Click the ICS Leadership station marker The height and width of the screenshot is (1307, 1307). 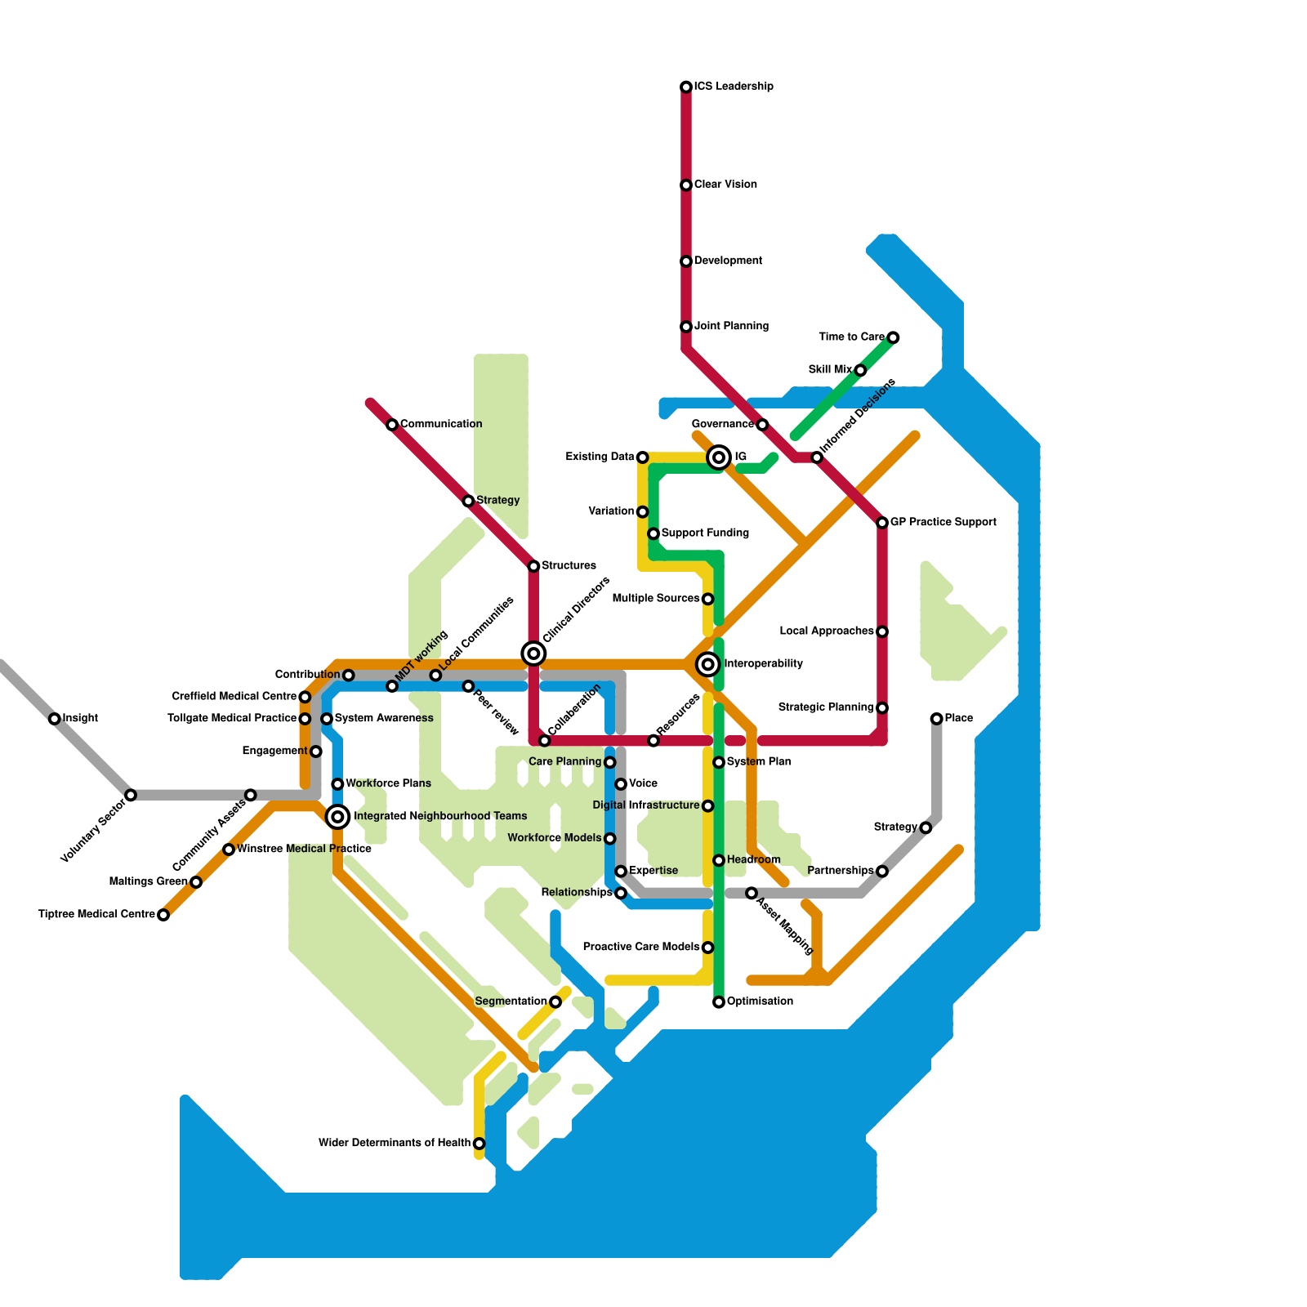click(x=686, y=87)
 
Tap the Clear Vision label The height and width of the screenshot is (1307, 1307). click(x=725, y=185)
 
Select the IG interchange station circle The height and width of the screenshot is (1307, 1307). click(x=719, y=457)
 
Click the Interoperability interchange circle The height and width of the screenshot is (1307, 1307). click(x=708, y=664)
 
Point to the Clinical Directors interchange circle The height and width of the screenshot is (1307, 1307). click(x=533, y=653)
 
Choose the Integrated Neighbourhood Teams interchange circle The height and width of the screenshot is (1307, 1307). click(x=337, y=816)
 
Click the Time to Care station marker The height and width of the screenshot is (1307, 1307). click(x=893, y=337)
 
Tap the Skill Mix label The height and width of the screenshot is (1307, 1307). click(x=830, y=370)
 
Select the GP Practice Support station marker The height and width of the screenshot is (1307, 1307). click(x=882, y=523)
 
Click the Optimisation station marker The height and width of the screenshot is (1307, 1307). click(x=719, y=1002)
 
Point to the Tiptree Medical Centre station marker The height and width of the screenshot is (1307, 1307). click(x=163, y=915)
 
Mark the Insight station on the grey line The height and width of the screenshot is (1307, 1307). click(x=54, y=719)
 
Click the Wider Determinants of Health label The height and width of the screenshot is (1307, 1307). click(x=395, y=1144)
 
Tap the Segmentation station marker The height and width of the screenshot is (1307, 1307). click(x=555, y=1002)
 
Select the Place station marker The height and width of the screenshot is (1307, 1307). click(x=936, y=719)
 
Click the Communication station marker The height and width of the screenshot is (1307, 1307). click(x=392, y=425)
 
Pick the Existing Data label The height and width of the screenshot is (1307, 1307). click(x=600, y=457)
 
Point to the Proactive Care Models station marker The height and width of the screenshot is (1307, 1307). click(x=707, y=948)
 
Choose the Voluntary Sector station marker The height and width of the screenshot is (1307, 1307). click(x=131, y=795)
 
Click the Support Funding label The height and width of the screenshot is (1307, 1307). click(x=705, y=533)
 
